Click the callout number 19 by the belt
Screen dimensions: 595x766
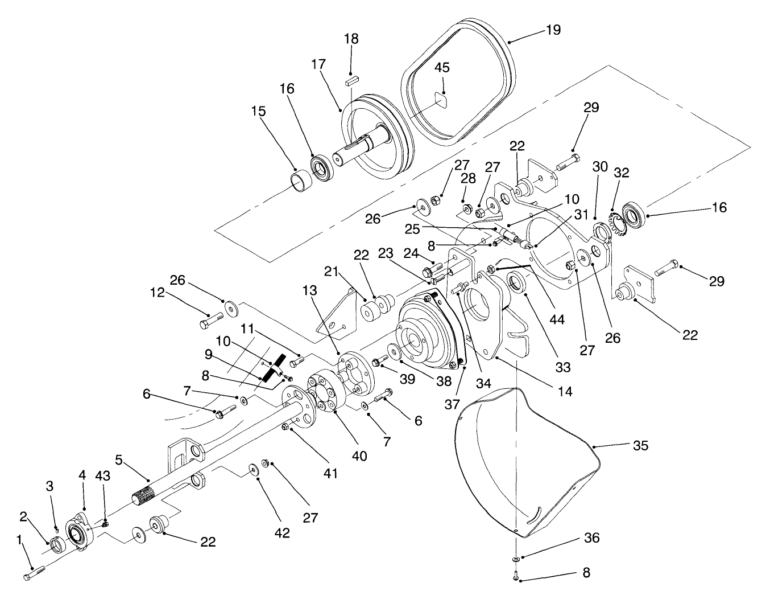[x=553, y=30]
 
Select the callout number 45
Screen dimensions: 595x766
[x=442, y=67]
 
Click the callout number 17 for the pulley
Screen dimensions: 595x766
[x=319, y=64]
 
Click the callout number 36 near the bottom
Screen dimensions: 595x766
[x=592, y=537]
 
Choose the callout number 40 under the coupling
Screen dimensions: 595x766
[x=359, y=456]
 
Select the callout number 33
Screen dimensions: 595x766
[x=562, y=367]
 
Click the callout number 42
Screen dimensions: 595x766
[x=282, y=533]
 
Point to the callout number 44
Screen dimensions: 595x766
[x=557, y=319]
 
